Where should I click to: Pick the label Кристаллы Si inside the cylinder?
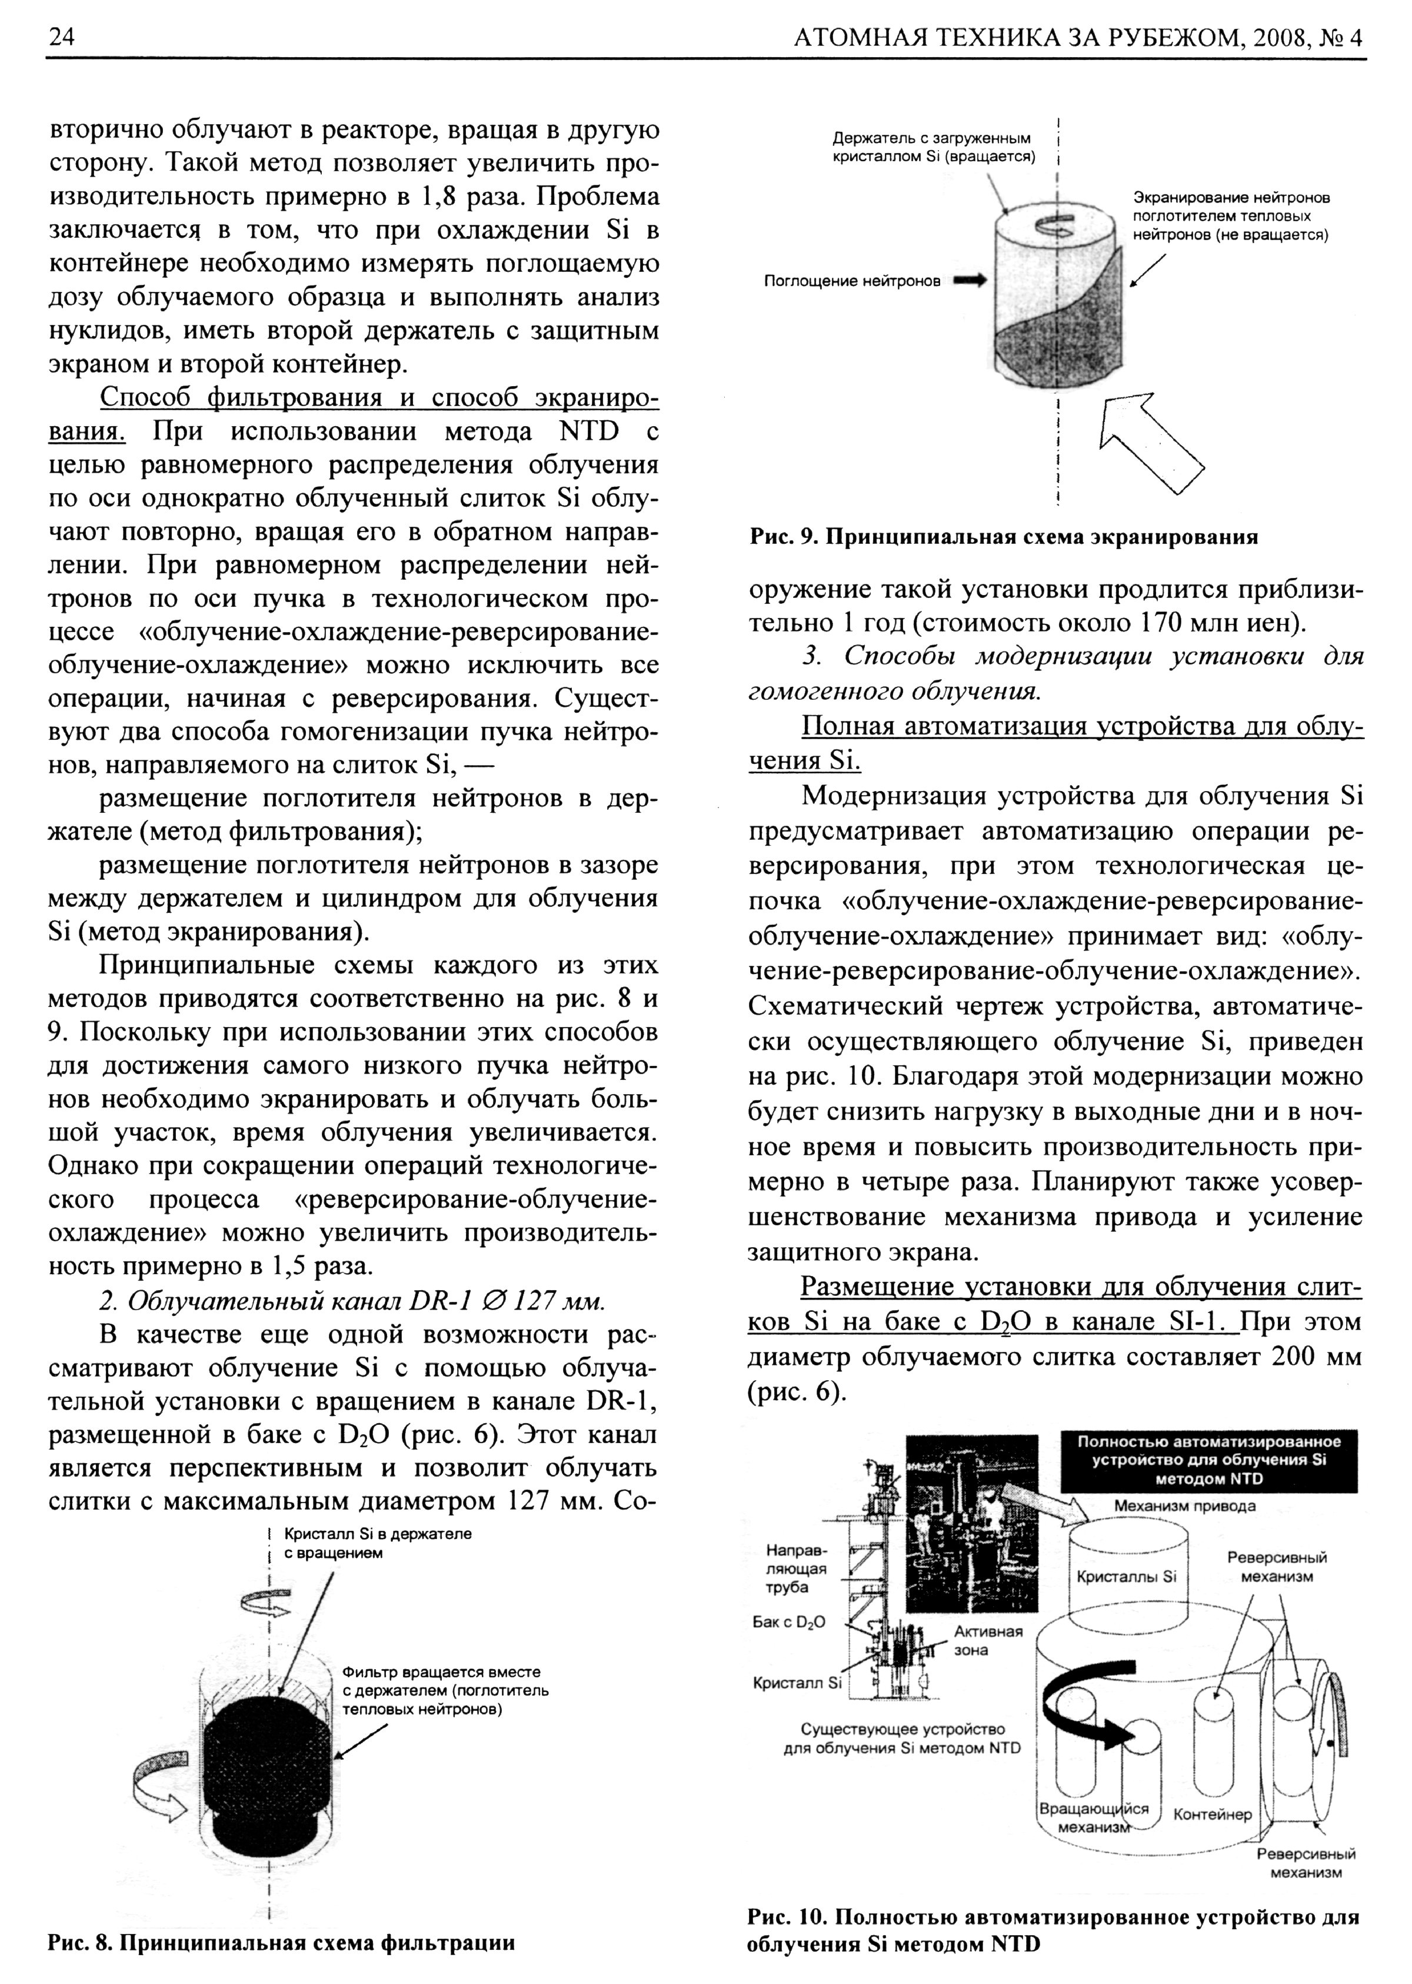(1126, 1576)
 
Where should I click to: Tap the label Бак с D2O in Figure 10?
(788, 1622)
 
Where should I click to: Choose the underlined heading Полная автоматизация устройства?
(1081, 727)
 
